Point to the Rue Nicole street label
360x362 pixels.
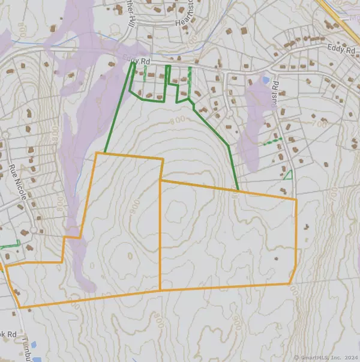tap(19, 183)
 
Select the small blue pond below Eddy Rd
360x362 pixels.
tap(265, 80)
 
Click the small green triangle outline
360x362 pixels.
tap(288, 175)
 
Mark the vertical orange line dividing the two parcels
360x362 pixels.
tap(160, 234)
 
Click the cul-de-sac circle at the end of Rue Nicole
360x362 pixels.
tap(34, 231)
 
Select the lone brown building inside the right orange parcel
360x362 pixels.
tap(277, 258)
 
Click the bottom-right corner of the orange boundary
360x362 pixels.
tap(290, 283)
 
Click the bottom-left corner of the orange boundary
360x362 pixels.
tap(19, 308)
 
